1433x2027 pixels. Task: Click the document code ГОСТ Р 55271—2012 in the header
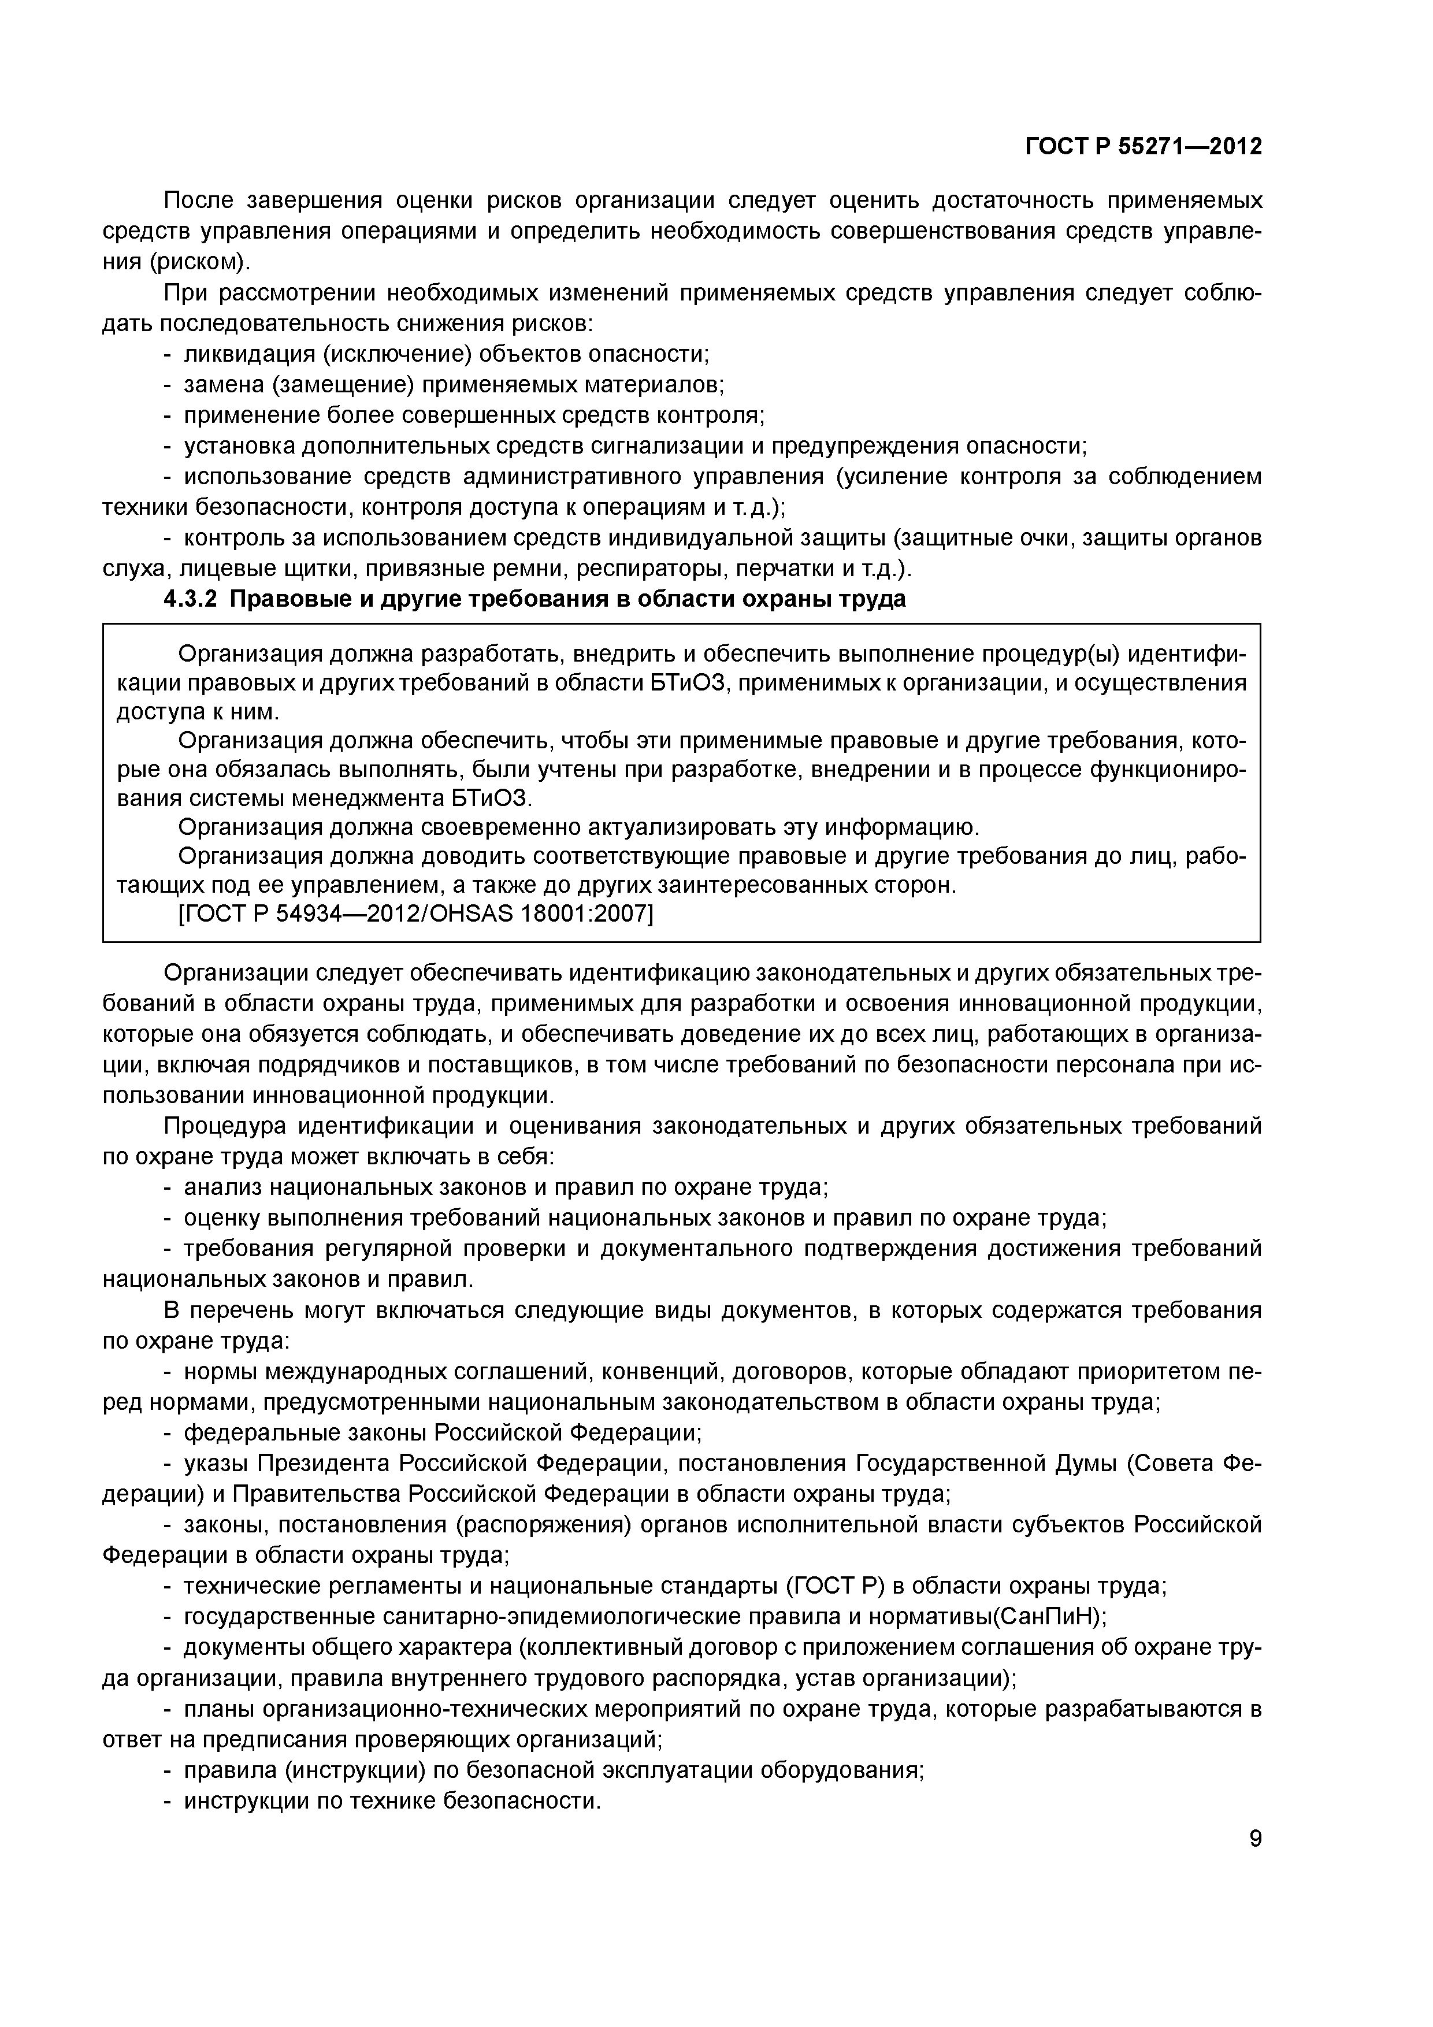(x=1144, y=147)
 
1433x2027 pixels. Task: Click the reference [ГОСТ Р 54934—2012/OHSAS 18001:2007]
(x=415, y=915)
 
